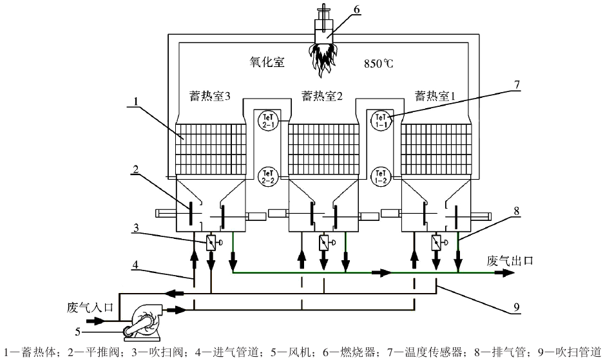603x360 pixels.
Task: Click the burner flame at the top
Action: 325,54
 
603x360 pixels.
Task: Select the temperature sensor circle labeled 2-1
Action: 266,119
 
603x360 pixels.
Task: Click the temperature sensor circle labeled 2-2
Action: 266,175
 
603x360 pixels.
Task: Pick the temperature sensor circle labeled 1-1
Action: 379,119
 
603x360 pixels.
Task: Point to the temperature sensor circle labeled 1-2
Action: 379,175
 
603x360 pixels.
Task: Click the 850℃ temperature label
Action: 379,64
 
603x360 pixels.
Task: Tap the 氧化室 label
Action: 267,63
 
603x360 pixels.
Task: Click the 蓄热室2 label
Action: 321,97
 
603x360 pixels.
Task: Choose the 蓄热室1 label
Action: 435,97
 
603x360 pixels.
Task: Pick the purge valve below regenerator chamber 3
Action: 211,243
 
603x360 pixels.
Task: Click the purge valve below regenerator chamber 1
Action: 436,243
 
